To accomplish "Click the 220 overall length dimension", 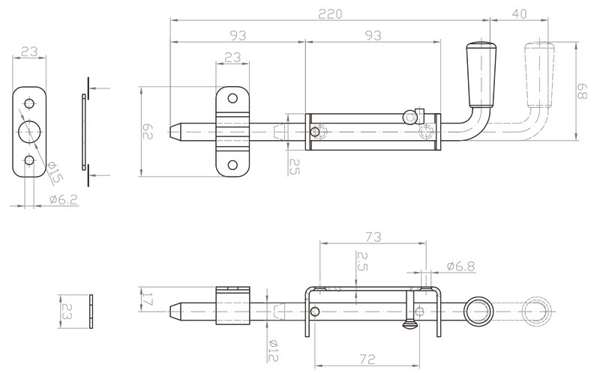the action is pyautogui.click(x=330, y=14).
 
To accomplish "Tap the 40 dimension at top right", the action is pyautogui.click(x=519, y=13).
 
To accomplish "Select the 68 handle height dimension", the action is pyautogui.click(x=582, y=91).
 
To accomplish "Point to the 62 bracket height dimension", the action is pyautogui.click(x=147, y=131).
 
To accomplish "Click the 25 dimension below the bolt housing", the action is pyautogui.click(x=294, y=166).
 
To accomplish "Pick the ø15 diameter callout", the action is pyautogui.click(x=55, y=173).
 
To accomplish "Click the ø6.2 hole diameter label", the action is pyautogui.click(x=64, y=199).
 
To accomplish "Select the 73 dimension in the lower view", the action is pyautogui.click(x=373, y=237).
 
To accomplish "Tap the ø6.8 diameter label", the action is pyautogui.click(x=460, y=267).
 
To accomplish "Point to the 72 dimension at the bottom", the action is pyautogui.click(x=367, y=359).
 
